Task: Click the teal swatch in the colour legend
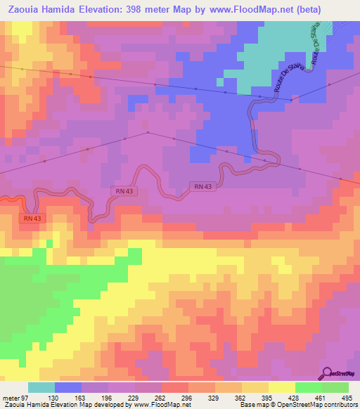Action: tap(41, 387)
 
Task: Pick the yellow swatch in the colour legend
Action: tap(281, 387)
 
